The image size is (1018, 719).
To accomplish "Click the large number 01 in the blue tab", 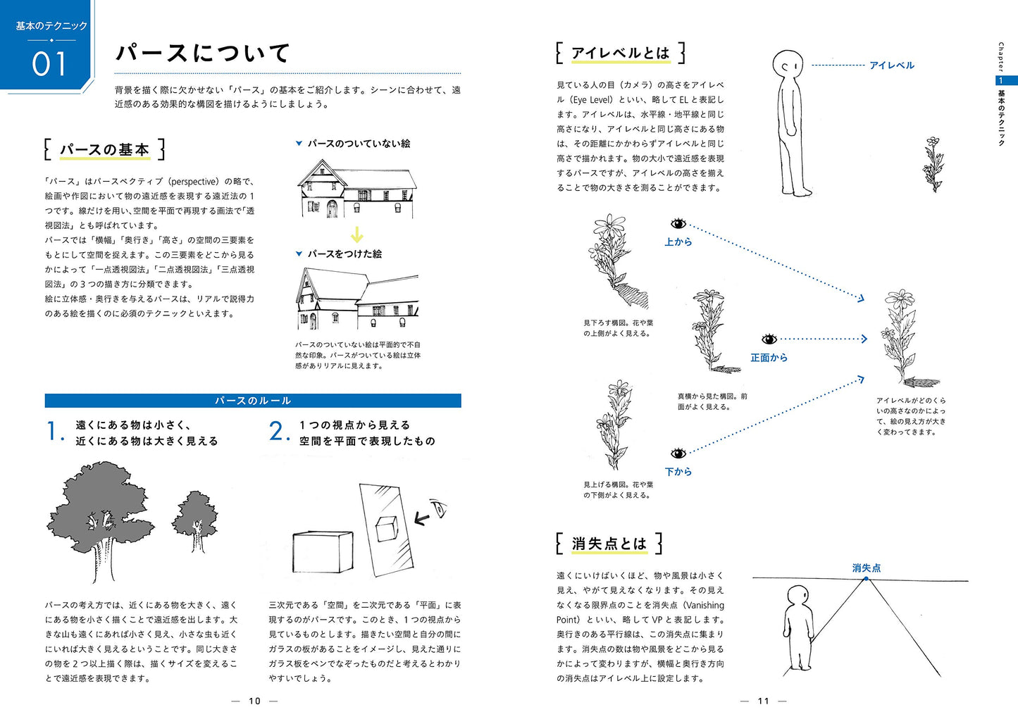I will (x=49, y=63).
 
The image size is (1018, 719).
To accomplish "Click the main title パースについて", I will (x=203, y=53).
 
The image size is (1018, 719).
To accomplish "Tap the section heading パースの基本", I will (x=104, y=149).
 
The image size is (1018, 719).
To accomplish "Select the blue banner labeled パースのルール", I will (x=253, y=401).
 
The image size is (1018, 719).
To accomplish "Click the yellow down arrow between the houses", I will (x=357, y=235).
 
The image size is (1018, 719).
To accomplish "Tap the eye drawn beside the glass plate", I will (x=439, y=508).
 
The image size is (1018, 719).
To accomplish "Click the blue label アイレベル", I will (x=891, y=65).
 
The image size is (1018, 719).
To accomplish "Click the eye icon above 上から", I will (x=678, y=224).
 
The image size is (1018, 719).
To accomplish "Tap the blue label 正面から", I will (x=769, y=358).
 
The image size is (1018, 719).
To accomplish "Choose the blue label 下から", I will (x=678, y=472).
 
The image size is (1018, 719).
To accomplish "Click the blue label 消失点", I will (x=866, y=568).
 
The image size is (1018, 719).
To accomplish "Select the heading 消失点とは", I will (x=609, y=544).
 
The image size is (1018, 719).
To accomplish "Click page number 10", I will (x=254, y=701).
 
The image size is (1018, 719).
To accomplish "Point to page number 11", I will (x=764, y=701).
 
